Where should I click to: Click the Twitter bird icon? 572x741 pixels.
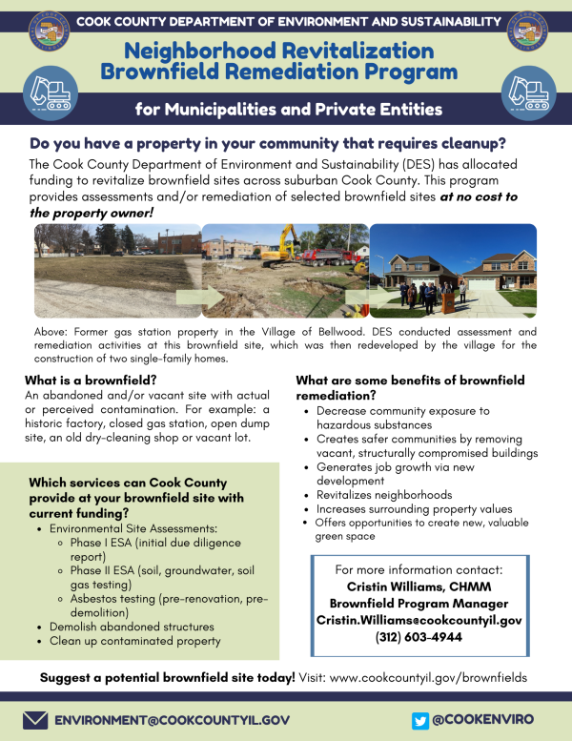(420, 720)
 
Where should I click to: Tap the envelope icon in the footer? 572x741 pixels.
(35, 720)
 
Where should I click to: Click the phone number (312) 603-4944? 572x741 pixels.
(419, 637)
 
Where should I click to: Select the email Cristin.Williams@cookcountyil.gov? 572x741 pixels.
(419, 620)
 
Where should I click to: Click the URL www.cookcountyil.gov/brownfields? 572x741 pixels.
(427, 677)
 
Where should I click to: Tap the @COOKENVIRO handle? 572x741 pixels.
(482, 720)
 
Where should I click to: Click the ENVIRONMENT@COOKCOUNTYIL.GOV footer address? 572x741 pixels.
(172, 720)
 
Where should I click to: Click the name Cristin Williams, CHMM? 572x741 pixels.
(419, 587)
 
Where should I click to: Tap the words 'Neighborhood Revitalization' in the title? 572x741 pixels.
(279, 51)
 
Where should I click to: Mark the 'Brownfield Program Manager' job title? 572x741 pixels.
(419, 604)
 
